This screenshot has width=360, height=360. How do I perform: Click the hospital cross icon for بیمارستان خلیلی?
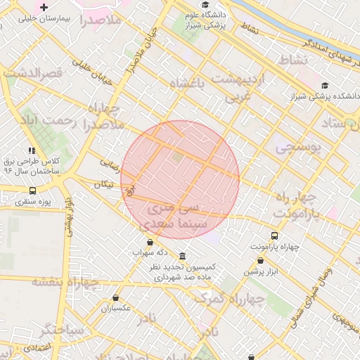(x=44, y=7)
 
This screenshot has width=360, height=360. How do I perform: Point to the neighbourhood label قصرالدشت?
(x=34, y=72)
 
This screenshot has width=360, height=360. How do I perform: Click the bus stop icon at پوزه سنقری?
(x=32, y=191)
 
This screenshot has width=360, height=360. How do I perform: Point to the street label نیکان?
(x=103, y=184)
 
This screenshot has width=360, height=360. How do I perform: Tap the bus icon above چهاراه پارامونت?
(x=274, y=236)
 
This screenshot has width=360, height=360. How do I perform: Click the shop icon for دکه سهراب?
(x=150, y=242)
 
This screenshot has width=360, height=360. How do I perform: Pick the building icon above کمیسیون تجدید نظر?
(x=183, y=256)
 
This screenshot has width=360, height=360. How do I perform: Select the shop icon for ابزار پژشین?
(x=260, y=260)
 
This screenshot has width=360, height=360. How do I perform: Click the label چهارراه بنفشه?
(x=65, y=281)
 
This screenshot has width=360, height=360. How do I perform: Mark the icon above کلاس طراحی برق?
(x=32, y=150)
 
